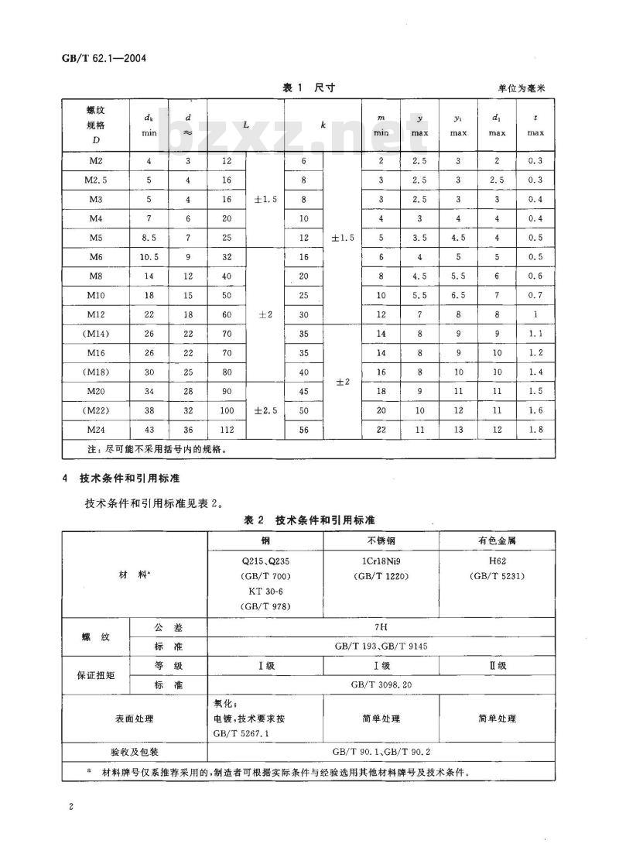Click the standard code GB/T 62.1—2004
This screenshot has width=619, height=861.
tap(104, 57)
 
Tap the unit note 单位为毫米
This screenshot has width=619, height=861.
tap(522, 90)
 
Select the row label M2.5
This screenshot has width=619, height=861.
tap(96, 180)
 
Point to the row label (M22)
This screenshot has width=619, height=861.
tap(96, 410)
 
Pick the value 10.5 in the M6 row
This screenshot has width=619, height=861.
tap(149, 256)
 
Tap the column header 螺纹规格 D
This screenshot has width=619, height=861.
tap(96, 125)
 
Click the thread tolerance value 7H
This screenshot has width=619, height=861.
tap(381, 626)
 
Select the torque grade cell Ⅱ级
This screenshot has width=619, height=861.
tap(497, 665)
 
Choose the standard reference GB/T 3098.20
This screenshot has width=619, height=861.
tap(381, 684)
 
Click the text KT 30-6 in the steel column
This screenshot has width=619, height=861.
tap(243, 591)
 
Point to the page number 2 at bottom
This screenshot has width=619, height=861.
tap(70, 808)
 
